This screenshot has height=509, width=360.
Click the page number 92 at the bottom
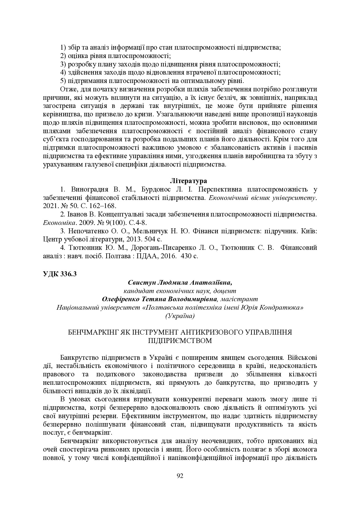tap(180, 476)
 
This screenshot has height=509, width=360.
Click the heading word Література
tap(188, 181)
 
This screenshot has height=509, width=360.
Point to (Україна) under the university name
tap(180, 316)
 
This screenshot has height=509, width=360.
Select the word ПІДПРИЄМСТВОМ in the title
tap(180, 341)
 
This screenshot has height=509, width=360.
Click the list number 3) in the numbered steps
tap(64, 64)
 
